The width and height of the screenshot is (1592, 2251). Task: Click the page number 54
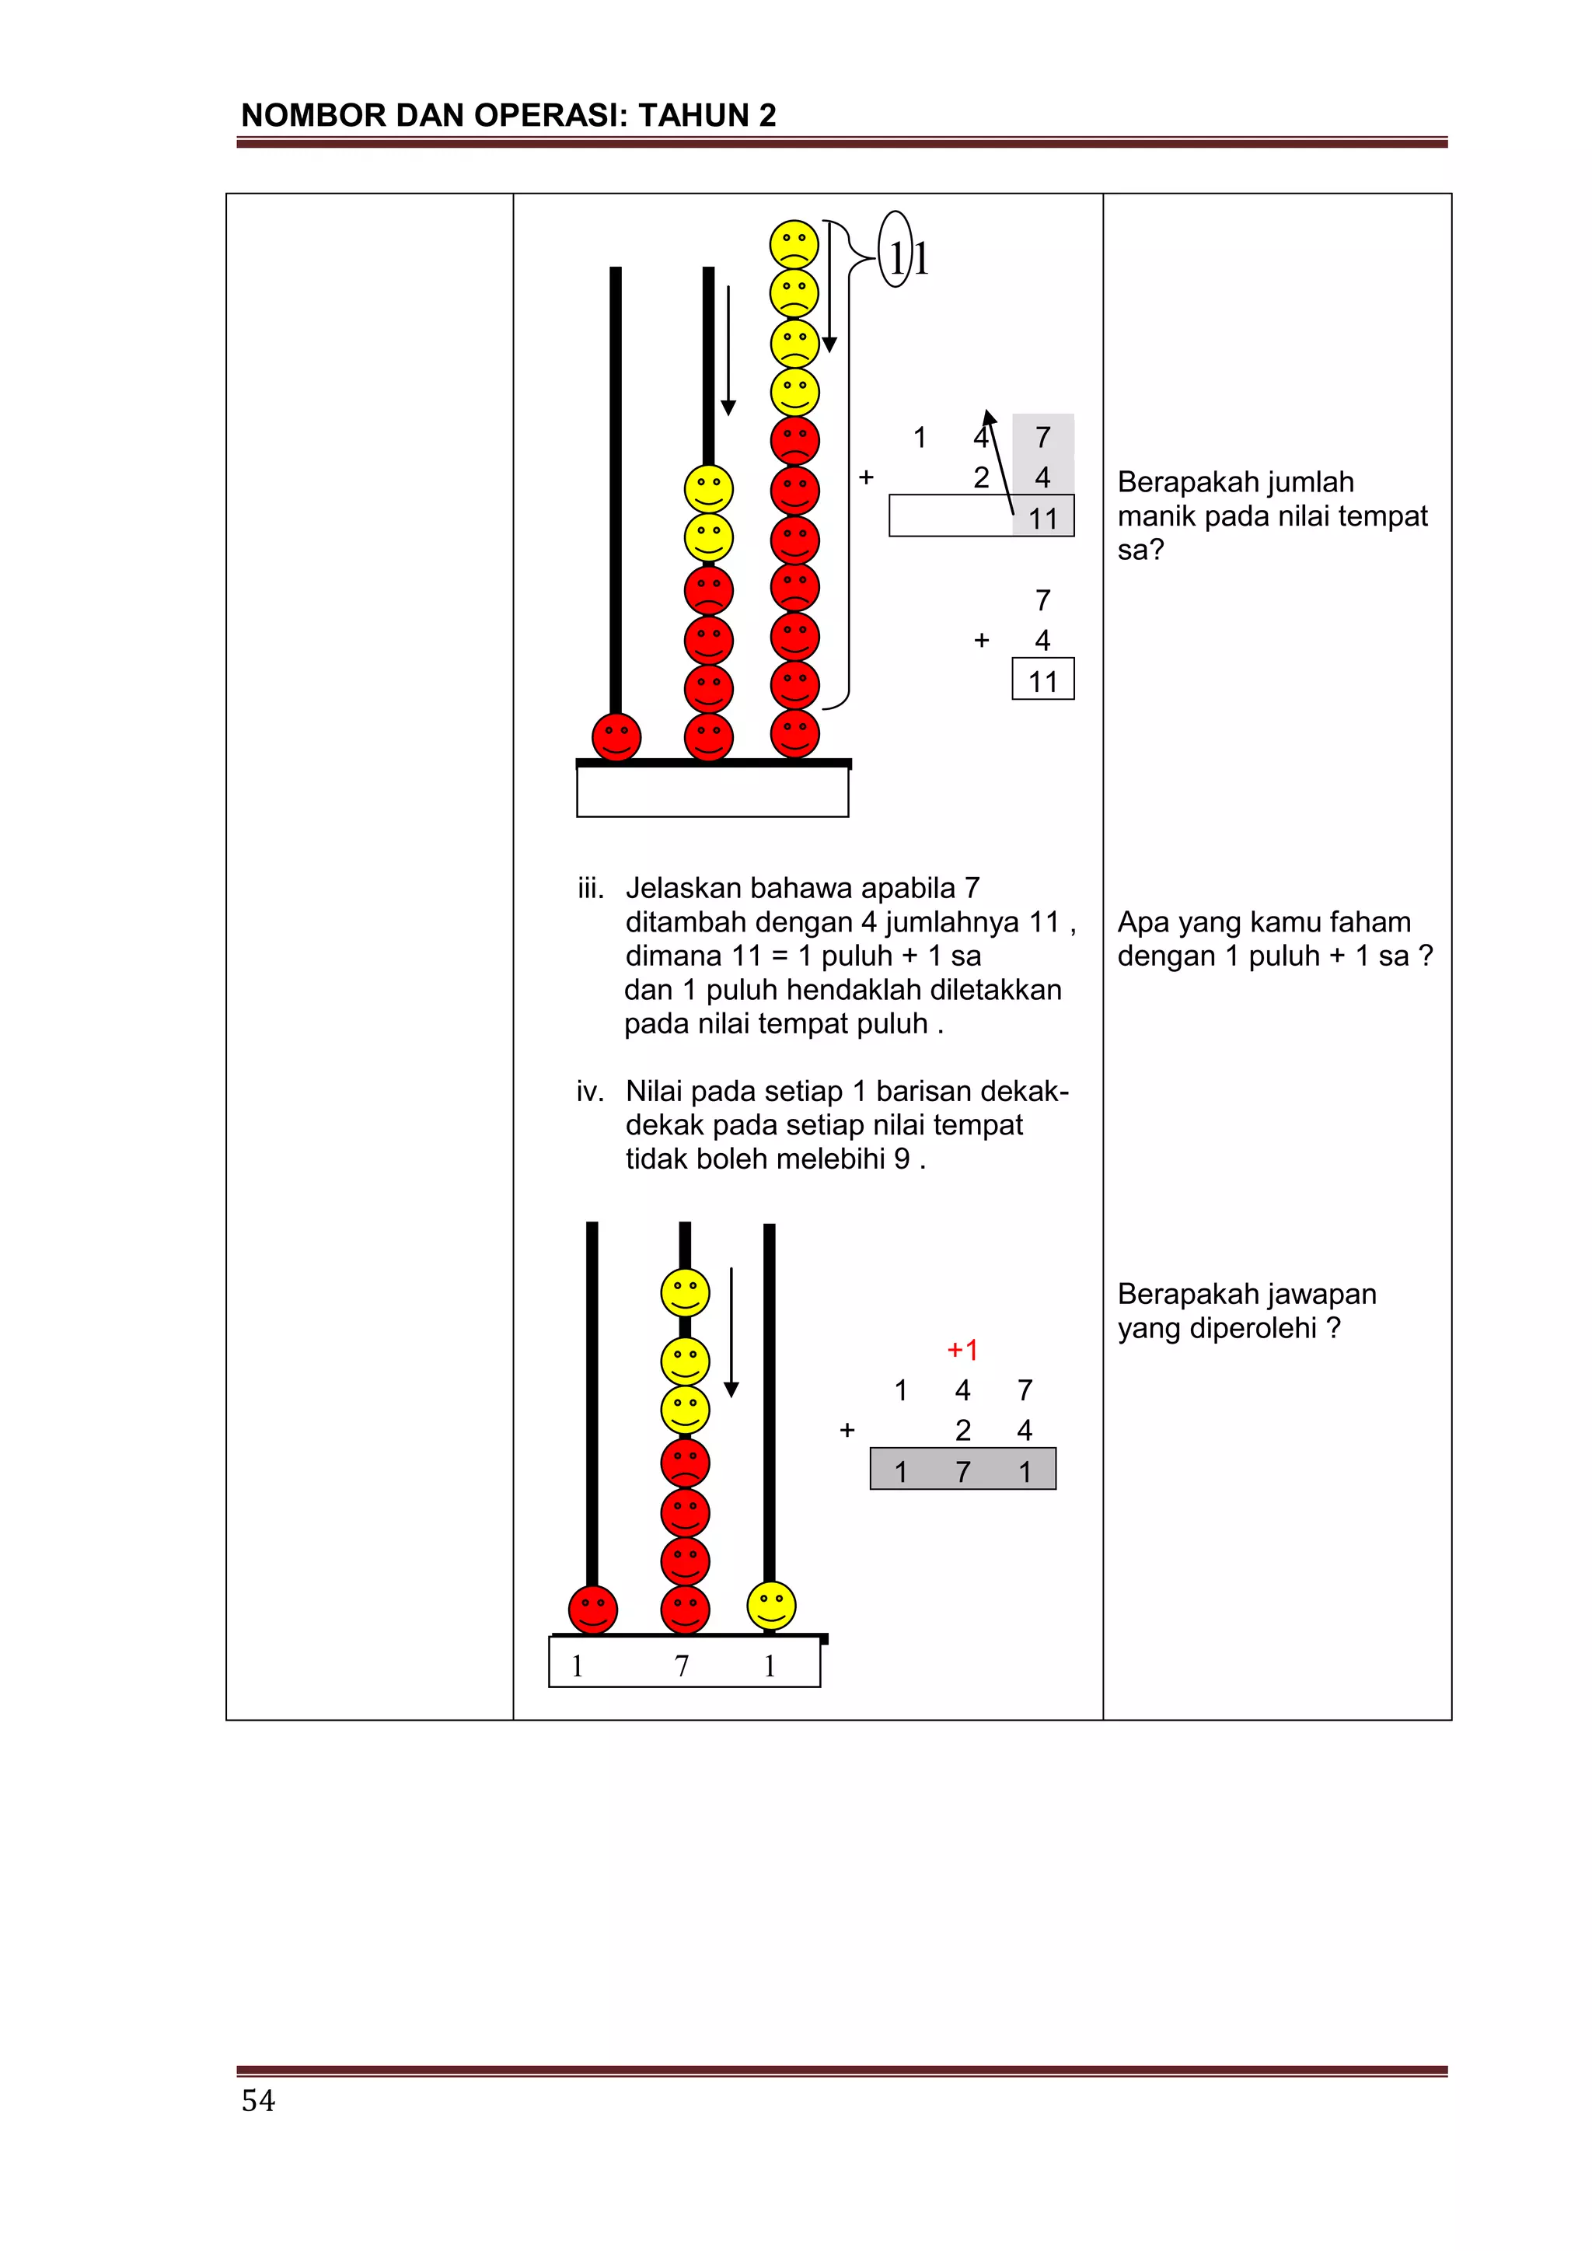pyautogui.click(x=258, y=2100)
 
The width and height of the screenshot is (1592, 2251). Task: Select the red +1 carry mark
pyautogui.click(x=962, y=1350)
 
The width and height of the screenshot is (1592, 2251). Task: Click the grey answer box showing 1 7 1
pyautogui.click(x=962, y=1470)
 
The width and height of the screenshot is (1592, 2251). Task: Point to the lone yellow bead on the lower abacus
pyautogui.click(x=770, y=1605)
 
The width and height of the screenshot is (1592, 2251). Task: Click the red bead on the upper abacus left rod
pyautogui.click(x=616, y=736)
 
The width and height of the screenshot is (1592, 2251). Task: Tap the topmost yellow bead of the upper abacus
pyautogui.click(x=794, y=244)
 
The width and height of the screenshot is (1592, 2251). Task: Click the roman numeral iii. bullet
pyautogui.click(x=590, y=888)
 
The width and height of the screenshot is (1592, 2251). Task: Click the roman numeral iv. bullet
pyautogui.click(x=590, y=1091)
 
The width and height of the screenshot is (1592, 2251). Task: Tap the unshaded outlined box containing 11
pyautogui.click(x=1043, y=680)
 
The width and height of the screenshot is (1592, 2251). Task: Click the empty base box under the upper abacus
pyautogui.click(x=713, y=792)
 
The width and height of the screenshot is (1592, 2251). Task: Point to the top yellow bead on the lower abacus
pyautogui.click(x=684, y=1292)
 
